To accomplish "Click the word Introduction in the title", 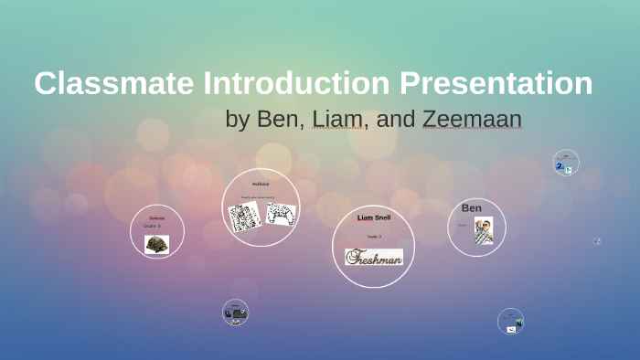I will click(x=294, y=83).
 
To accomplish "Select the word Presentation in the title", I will click(x=494, y=83).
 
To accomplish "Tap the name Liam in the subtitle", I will click(x=337, y=119).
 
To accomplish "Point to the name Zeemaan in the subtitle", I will click(x=472, y=119).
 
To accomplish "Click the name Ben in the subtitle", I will click(x=280, y=119).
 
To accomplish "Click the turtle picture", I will click(x=156, y=244).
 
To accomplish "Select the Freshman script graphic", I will click(x=373, y=257).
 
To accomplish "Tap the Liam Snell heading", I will click(x=373, y=218).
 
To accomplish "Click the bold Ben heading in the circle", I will click(x=472, y=208).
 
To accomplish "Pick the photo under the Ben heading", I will click(x=484, y=230).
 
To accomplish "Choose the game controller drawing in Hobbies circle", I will click(x=280, y=214).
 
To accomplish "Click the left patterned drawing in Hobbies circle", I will click(x=244, y=216).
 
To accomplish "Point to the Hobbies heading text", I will click(x=261, y=185).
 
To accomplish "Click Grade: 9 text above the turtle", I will click(x=152, y=226).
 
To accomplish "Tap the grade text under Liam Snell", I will click(x=373, y=237).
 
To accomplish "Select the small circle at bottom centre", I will click(x=235, y=312).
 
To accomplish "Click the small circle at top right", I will click(x=566, y=163).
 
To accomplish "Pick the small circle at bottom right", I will click(x=510, y=321).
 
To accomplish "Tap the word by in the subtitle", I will click(x=237, y=119).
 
